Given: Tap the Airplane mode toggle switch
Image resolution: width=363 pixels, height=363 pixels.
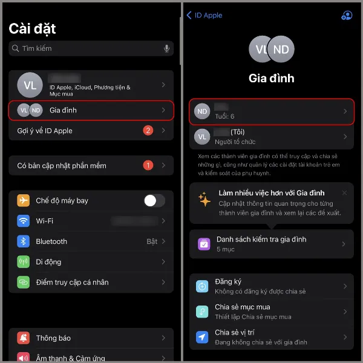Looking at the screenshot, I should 154,201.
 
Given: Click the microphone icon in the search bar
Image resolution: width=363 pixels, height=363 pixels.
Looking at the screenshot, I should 166,48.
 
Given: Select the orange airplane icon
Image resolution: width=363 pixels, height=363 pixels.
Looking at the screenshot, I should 24,201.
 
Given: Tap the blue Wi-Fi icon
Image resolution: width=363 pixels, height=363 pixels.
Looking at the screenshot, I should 24,221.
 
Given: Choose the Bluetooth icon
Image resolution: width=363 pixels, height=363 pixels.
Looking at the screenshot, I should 24,241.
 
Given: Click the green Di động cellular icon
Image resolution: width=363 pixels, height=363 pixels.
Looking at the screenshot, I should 24,262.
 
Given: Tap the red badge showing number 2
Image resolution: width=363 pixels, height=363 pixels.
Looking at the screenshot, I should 148,131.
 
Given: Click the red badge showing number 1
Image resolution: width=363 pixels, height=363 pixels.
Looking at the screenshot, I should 148,165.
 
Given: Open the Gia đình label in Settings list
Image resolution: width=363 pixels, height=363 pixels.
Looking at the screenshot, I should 63,110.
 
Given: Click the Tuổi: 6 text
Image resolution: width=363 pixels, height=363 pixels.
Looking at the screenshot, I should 224,116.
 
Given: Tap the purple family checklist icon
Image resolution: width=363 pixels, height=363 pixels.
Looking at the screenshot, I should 204,244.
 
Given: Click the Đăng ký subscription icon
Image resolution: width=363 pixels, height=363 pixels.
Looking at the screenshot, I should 203,286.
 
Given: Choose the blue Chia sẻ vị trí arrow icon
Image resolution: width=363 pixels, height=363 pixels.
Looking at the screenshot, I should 203,337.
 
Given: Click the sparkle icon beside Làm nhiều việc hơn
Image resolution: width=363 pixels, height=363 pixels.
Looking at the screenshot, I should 205,199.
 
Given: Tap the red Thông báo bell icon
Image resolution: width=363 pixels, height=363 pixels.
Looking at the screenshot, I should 24,338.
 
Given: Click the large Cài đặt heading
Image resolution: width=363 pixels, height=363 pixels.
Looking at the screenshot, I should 33,28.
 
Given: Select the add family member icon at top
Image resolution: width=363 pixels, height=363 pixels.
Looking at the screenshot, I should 346,15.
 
